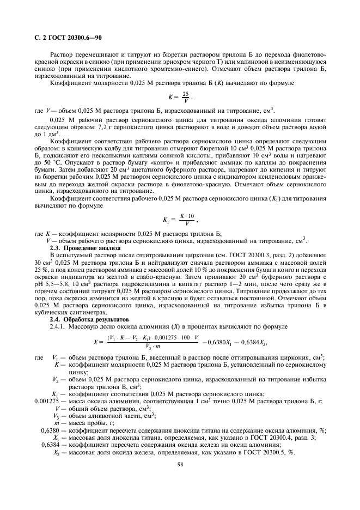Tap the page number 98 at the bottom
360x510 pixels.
coord(180,465)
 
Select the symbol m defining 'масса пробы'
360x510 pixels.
coord(56,423)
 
